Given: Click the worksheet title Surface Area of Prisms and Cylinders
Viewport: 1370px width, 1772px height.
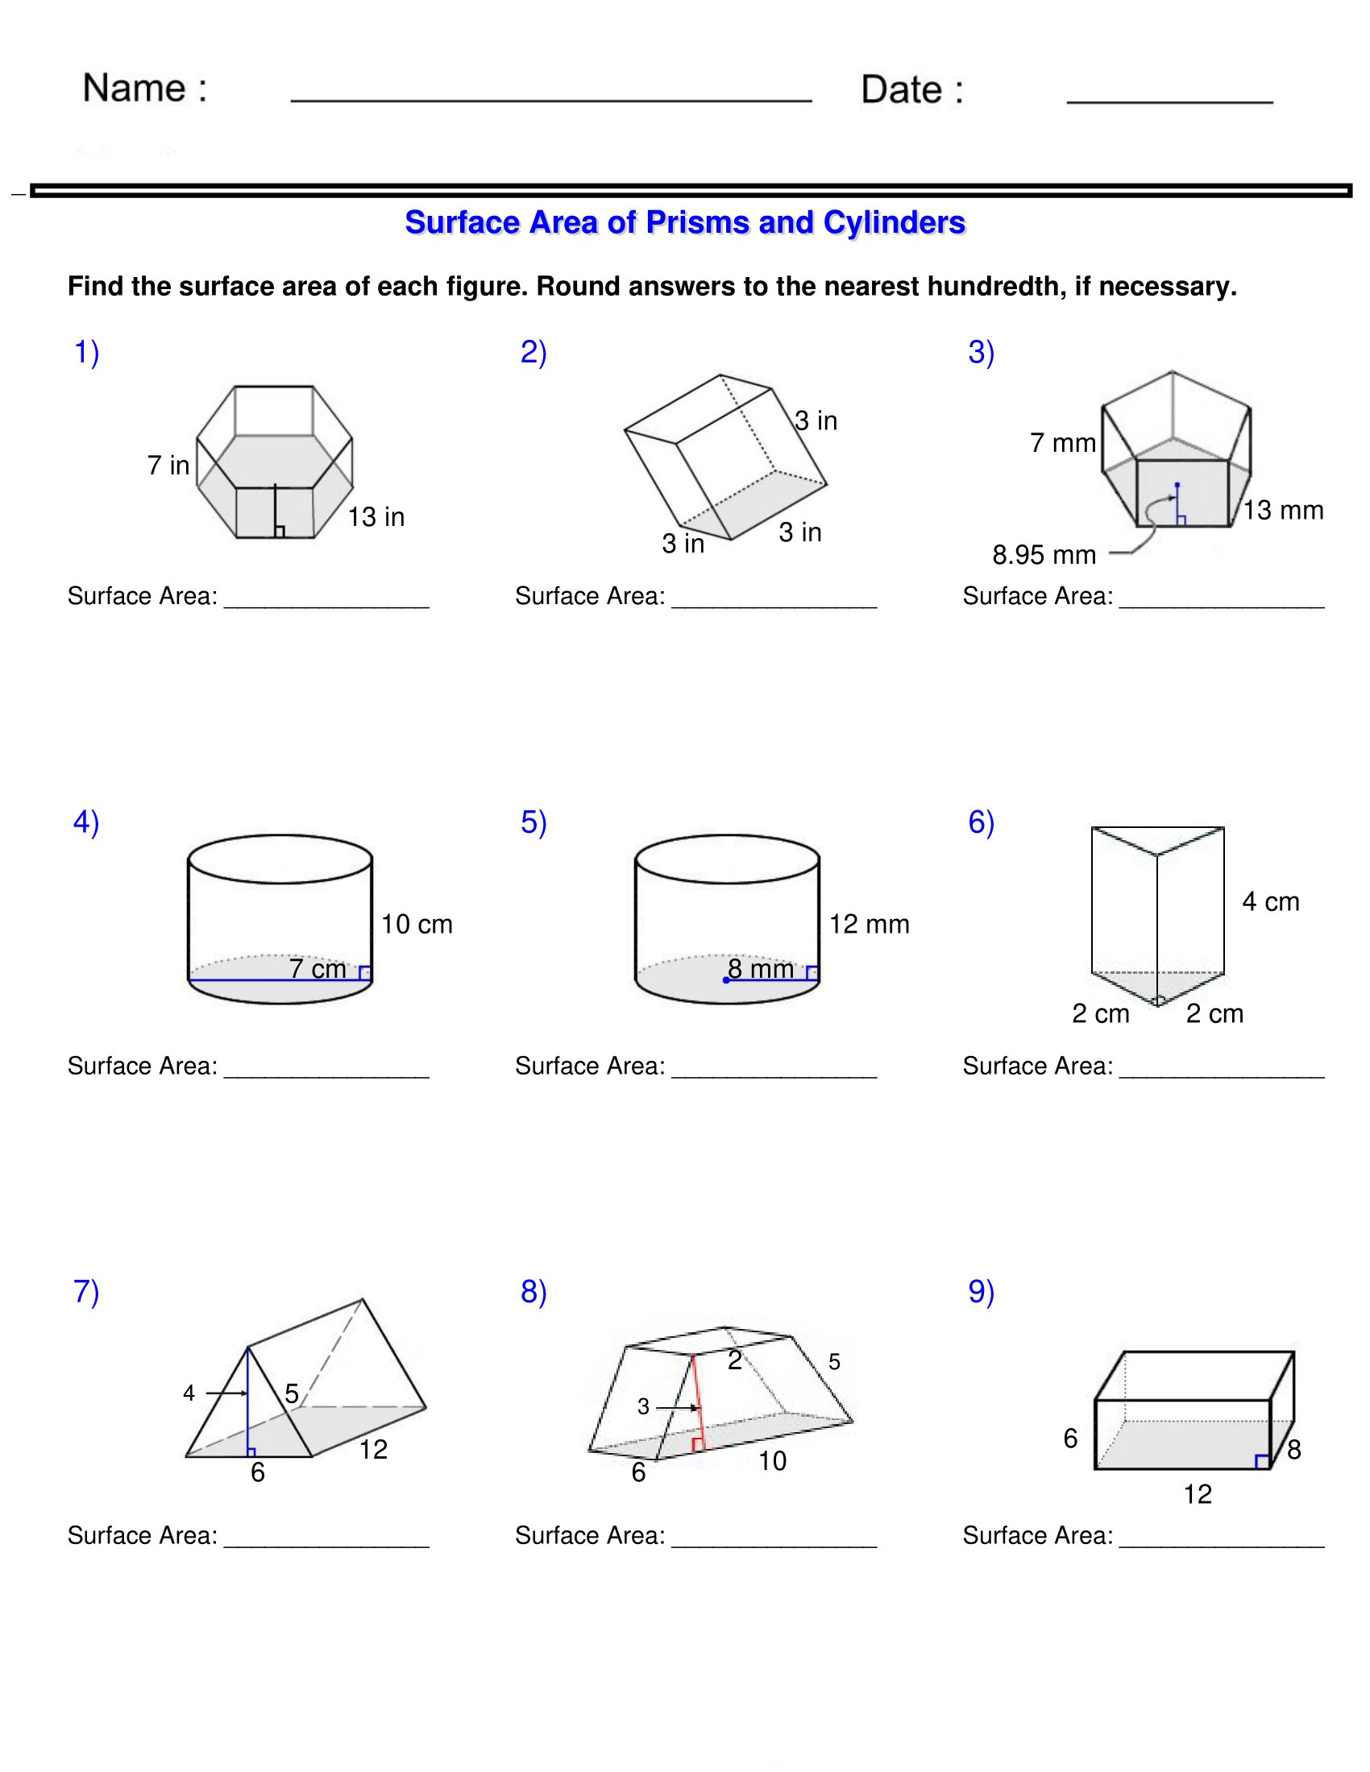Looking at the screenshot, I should [x=684, y=222].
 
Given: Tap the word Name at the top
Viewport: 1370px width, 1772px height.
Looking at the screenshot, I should [x=135, y=88].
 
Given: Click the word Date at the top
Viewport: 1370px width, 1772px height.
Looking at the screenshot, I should [x=902, y=89].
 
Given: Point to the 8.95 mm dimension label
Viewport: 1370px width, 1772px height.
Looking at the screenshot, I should [x=1043, y=555].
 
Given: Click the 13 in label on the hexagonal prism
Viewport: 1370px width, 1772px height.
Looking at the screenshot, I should [x=376, y=517].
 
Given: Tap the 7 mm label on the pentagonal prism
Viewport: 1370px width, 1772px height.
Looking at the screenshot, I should [x=1062, y=443].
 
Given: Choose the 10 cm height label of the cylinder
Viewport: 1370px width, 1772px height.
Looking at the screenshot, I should [x=417, y=924].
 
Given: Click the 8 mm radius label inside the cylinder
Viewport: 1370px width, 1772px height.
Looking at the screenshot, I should [x=761, y=969].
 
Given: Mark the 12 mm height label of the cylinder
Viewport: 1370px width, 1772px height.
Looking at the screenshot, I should [x=869, y=924].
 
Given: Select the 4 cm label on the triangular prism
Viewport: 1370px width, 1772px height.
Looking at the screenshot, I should [x=1270, y=901].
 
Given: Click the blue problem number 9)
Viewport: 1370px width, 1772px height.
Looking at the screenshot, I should [x=981, y=1292].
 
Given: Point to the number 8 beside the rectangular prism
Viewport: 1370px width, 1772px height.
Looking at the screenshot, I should [x=1293, y=1450].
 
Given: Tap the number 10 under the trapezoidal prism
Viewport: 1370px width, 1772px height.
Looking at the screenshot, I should [x=772, y=1461].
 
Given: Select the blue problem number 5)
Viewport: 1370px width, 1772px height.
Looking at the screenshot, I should [x=533, y=822].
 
